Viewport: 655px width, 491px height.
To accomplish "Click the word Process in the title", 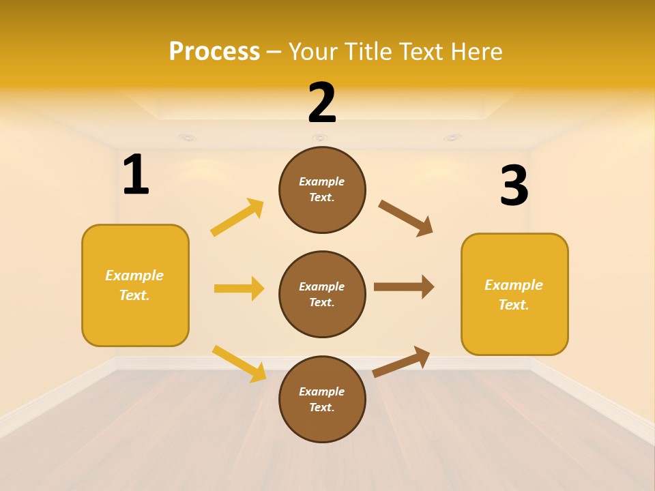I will [214, 51].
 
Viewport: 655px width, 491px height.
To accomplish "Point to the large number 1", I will [136, 175].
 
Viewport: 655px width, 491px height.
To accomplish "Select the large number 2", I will [322, 103].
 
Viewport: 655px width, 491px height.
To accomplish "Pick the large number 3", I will [514, 186].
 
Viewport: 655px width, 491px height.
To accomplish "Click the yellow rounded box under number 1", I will [135, 285].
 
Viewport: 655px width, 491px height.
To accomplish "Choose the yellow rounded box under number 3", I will [514, 294].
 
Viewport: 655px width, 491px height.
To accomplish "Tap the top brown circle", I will [322, 190].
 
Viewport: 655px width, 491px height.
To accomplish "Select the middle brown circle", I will [322, 294].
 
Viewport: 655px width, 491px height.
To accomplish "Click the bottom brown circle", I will [322, 399].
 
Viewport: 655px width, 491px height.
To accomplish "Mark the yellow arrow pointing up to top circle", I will [237, 218].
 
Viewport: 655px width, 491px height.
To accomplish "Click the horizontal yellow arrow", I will [239, 288].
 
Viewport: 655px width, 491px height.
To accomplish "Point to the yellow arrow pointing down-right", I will [239, 363].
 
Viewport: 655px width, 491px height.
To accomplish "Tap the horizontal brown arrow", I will [404, 287].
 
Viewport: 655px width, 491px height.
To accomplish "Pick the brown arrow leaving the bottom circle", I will [401, 361].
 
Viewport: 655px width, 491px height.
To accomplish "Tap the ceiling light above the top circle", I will [319, 138].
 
